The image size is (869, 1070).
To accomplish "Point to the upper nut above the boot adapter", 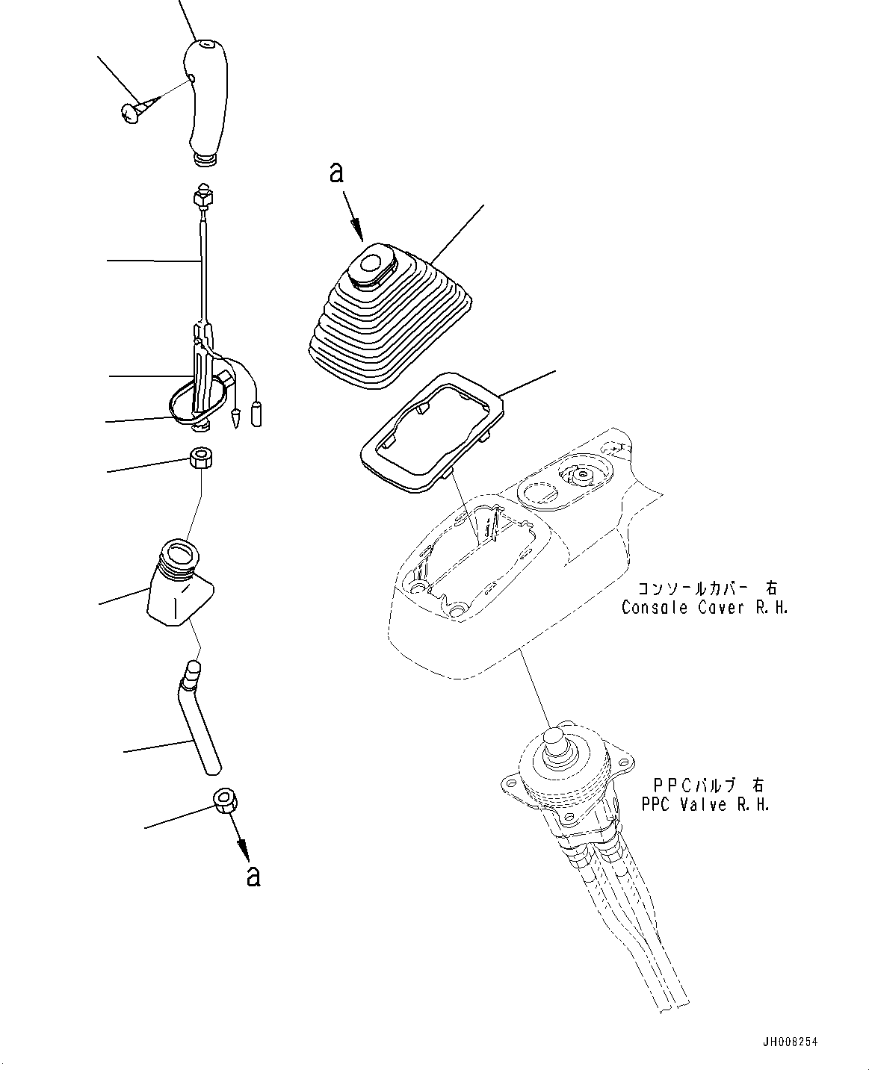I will point(200,457).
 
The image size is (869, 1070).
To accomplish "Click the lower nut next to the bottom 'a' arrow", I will point(226,803).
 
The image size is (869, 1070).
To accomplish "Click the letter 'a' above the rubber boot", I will point(337,174).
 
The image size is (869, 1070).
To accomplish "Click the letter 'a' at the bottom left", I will point(254,875).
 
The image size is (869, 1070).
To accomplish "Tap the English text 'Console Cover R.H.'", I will point(704,607).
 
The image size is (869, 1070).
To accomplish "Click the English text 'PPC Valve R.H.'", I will point(705,804).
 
